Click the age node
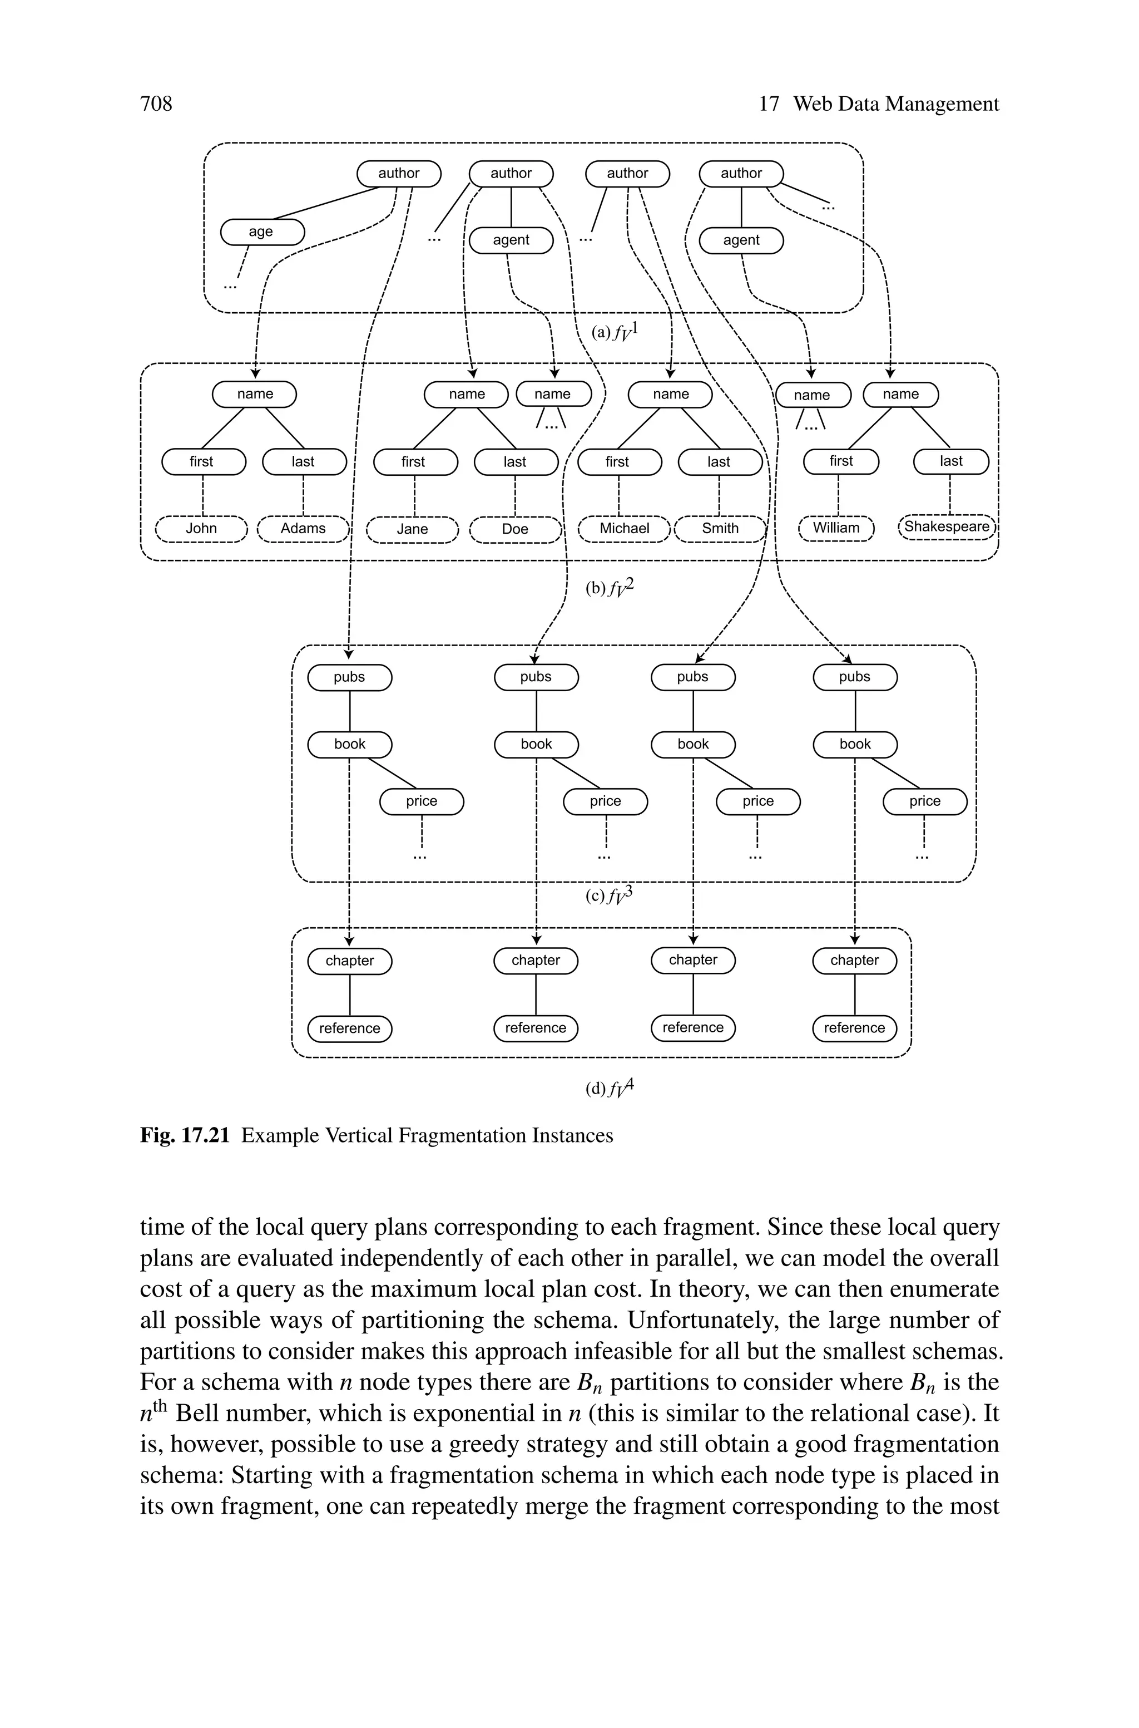point(261,232)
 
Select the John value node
point(201,528)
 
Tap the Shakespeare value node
point(947,527)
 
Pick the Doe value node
point(515,529)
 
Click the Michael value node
point(624,528)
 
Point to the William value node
point(836,528)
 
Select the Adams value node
point(303,528)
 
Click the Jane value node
point(413,529)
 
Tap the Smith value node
point(720,528)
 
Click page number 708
point(156,104)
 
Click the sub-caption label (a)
point(601,332)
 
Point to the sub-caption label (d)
point(596,1088)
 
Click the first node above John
point(202,461)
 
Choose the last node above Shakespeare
point(951,461)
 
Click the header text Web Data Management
point(895,104)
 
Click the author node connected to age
point(399,174)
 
